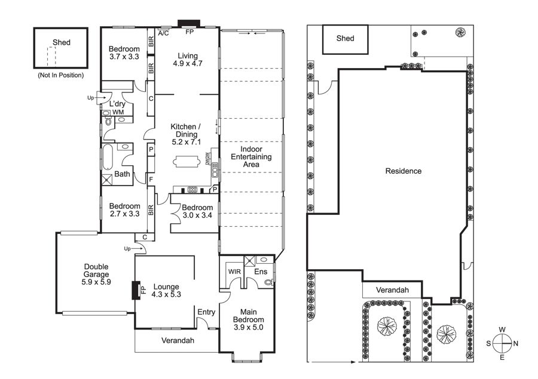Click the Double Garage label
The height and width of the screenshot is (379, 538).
click(96, 274)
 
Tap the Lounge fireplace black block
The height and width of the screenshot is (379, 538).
click(136, 290)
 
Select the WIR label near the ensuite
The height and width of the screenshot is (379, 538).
click(234, 272)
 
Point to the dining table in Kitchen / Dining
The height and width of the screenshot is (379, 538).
click(187, 161)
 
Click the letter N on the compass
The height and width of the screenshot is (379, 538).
click(516, 343)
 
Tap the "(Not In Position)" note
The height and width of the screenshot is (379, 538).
click(61, 75)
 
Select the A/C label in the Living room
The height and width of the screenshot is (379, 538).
click(163, 33)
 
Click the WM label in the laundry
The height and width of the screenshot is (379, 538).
click(118, 112)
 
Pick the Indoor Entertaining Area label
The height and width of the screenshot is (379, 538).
click(251, 156)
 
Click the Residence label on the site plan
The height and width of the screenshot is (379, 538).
click(403, 171)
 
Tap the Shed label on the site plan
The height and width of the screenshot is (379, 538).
click(345, 38)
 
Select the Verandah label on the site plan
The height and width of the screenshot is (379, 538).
click(392, 290)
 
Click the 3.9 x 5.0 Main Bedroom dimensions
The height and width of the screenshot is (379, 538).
click(249, 327)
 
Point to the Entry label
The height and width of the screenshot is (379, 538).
click(206, 312)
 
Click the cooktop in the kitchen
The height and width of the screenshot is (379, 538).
click(192, 190)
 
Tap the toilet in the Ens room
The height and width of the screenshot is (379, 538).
click(268, 282)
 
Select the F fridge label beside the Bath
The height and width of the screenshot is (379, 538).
click(151, 179)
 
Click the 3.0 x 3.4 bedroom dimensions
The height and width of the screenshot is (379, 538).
click(197, 215)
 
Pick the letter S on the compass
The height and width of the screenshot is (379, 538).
click(488, 343)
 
